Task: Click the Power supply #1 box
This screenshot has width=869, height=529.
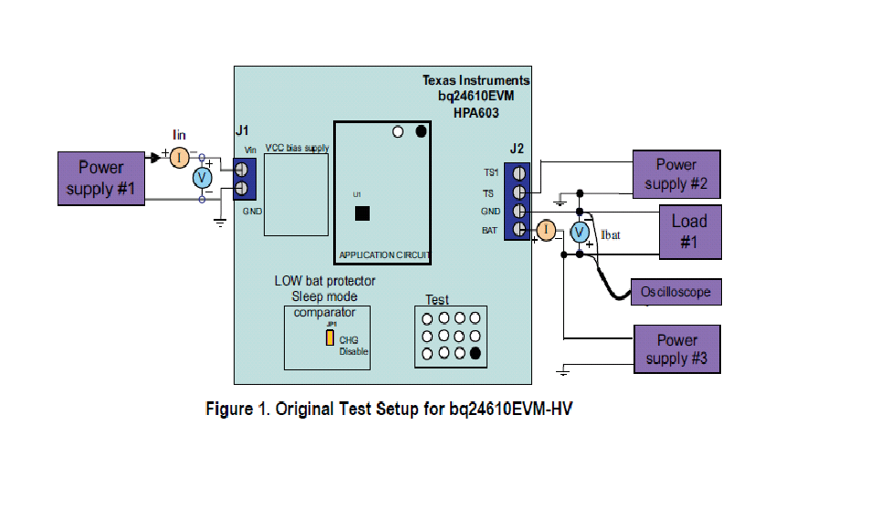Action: click(x=100, y=177)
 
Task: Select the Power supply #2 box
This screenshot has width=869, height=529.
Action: click(x=676, y=174)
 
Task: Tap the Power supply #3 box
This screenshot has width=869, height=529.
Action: click(x=676, y=349)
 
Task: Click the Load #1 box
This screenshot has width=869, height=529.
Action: click(x=689, y=232)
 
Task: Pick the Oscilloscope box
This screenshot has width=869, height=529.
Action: click(x=675, y=292)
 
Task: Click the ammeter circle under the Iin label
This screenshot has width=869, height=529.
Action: click(x=180, y=157)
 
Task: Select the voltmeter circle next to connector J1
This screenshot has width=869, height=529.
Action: click(x=203, y=179)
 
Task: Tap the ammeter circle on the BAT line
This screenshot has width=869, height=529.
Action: click(x=545, y=231)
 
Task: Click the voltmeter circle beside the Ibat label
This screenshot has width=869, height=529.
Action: click(x=579, y=233)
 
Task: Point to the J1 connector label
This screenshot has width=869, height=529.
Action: click(x=242, y=130)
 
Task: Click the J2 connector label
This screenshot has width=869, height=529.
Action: click(x=517, y=149)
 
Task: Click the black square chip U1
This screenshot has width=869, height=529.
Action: click(x=362, y=213)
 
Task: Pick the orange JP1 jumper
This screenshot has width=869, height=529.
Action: click(x=329, y=337)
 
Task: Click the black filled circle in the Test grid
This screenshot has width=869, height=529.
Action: click(x=476, y=353)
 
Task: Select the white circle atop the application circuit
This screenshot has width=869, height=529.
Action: click(x=397, y=131)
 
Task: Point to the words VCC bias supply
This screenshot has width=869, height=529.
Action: click(x=297, y=148)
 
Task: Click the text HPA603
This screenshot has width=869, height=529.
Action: click(x=476, y=112)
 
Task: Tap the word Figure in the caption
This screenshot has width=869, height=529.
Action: click(x=228, y=409)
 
